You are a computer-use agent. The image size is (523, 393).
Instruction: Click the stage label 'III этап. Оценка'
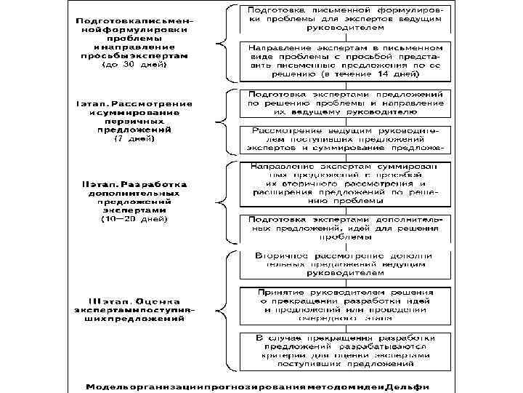[134, 301]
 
